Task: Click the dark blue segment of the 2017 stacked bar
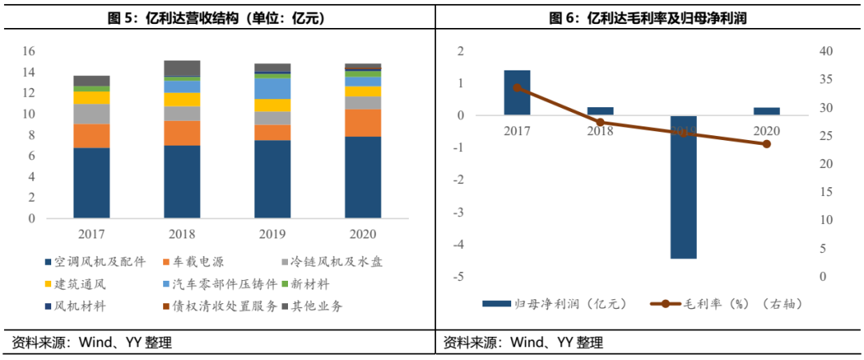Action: pos(91,182)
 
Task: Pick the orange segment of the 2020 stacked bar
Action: pos(362,122)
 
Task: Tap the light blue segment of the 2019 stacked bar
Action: pos(272,88)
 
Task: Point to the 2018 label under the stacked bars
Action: pos(182,234)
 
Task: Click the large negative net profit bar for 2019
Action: pos(683,187)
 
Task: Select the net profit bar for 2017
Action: pos(517,93)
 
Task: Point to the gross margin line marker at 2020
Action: pos(766,144)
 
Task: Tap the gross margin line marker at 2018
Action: pos(600,122)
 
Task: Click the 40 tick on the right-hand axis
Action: pos(823,51)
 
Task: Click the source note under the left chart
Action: pos(92,343)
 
